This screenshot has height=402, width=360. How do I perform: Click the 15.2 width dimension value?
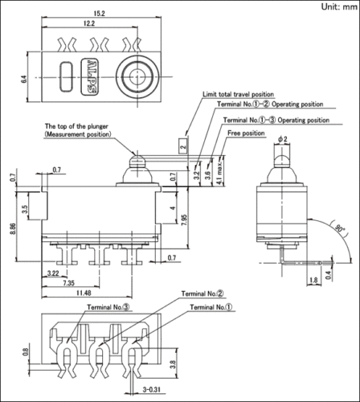tap(99, 14)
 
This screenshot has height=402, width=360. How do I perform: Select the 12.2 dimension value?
tap(89, 23)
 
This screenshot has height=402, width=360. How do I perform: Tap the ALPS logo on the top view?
tap(90, 76)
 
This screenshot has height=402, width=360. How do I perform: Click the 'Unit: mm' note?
tap(339, 6)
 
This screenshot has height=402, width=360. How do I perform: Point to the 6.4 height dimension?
tap(24, 80)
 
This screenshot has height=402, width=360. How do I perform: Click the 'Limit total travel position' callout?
tap(238, 94)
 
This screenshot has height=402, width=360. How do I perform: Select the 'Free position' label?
tap(246, 133)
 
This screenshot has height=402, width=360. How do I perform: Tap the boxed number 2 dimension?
tap(183, 146)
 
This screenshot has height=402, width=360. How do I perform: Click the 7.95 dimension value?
tap(184, 219)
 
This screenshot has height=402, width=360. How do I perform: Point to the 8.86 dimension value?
tap(12, 228)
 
